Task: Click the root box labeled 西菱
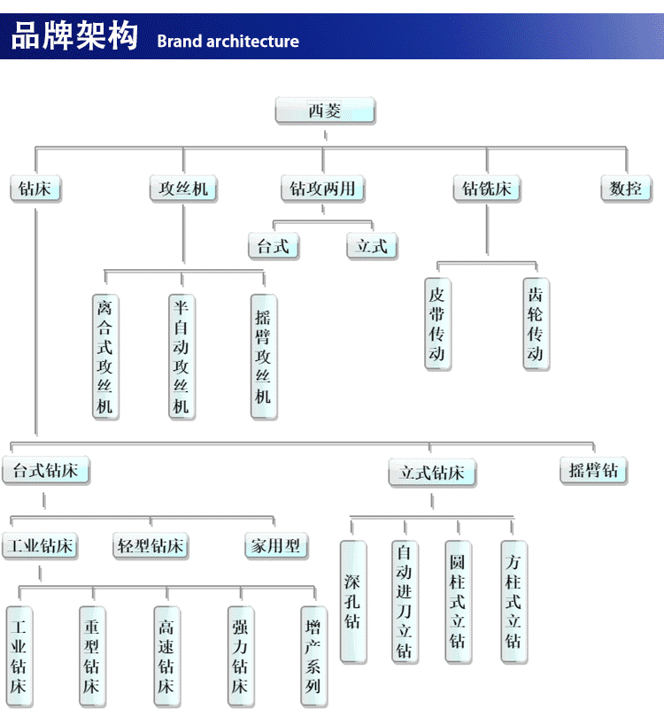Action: pos(324,112)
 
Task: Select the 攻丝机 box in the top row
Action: pos(183,189)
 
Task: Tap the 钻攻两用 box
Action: pos(323,189)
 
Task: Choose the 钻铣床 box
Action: pos(487,189)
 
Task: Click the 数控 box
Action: pos(625,189)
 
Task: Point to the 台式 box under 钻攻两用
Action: pos(274,246)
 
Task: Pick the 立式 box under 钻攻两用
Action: pos(372,246)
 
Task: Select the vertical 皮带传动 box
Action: pos(437,324)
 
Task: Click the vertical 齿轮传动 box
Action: pos(536,324)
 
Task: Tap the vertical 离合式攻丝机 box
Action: pos(105,357)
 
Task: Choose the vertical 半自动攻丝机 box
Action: pos(181,357)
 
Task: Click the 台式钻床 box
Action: pos(45,470)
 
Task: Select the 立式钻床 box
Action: pos(432,473)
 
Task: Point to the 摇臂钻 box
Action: pos(593,470)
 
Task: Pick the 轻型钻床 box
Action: pos(151,546)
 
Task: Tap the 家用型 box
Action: pos(275,546)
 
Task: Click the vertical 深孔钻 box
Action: pos(352,602)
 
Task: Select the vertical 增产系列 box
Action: pos(313,656)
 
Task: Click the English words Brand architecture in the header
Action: pos(228,41)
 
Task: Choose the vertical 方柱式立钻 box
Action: pos(513,602)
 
